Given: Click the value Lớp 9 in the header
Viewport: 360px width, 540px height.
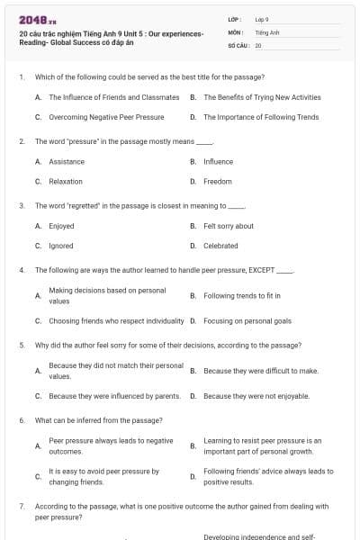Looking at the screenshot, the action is [262, 19].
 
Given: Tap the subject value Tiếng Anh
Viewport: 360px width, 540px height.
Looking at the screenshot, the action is [266, 31].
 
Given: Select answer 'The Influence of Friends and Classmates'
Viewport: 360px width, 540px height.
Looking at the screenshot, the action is [107, 97].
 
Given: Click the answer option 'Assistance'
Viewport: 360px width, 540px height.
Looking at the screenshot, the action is [67, 162].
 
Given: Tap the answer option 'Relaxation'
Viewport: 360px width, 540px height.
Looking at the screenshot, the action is [66, 182].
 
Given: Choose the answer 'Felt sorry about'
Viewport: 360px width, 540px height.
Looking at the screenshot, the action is [229, 226].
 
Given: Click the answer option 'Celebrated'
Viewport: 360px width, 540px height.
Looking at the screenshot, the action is [220, 246].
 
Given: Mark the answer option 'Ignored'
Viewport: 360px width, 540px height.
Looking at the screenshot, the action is [61, 246].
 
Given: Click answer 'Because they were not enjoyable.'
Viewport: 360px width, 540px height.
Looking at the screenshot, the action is [256, 396].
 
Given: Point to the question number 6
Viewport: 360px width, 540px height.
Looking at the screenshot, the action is [21, 420].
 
